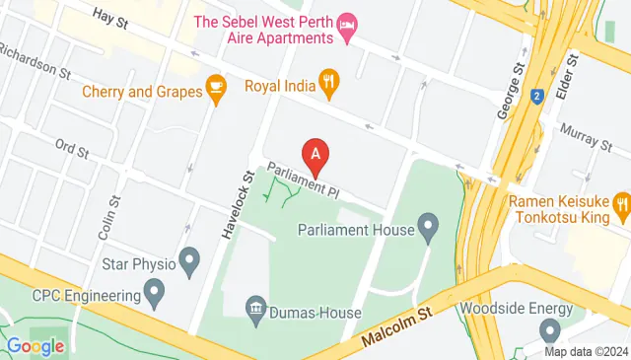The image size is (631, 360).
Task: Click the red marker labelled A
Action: pyautogui.click(x=315, y=156)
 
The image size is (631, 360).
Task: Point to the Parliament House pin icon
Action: pyautogui.click(x=428, y=229)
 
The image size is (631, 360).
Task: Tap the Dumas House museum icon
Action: pyautogui.click(x=256, y=311)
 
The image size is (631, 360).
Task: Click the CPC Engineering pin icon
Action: pyautogui.click(x=154, y=293)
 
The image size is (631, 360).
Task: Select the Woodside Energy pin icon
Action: pyautogui.click(x=550, y=331)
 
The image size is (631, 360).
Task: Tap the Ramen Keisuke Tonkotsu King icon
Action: pyautogui.click(x=621, y=207)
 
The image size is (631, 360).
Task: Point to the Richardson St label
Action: pyautogui.click(x=37, y=60)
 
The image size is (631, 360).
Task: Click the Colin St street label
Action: pyautogui.click(x=115, y=213)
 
